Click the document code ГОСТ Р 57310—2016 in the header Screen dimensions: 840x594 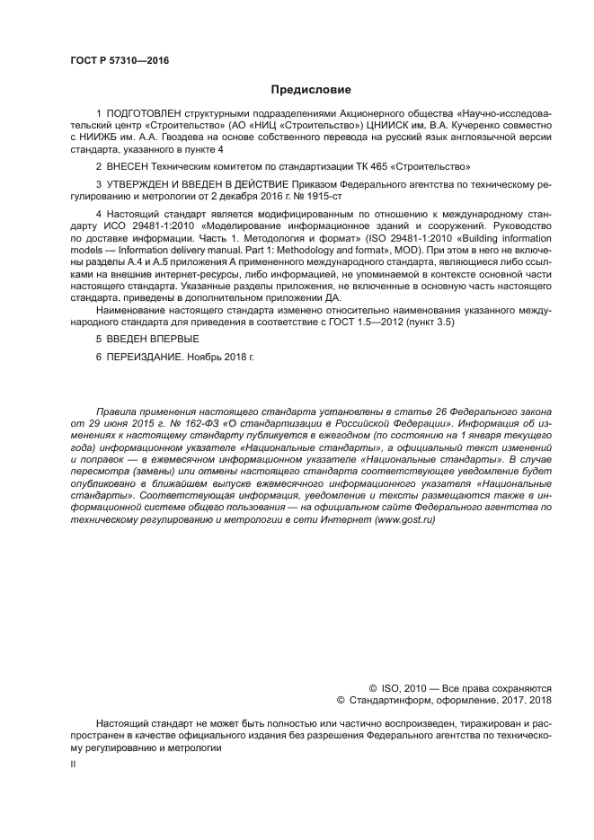tap(120, 60)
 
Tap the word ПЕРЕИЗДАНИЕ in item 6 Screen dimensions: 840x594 tap(146, 357)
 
